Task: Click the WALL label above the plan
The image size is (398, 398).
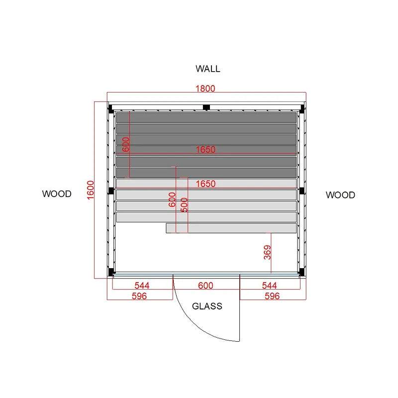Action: click(207, 69)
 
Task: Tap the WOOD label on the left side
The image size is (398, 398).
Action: click(57, 194)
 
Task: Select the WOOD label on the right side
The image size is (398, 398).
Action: click(340, 195)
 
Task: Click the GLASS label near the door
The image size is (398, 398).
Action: click(207, 306)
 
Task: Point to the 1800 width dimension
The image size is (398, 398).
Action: click(205, 89)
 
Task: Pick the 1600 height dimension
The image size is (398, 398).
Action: click(91, 190)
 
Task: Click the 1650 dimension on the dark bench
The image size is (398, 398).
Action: click(205, 150)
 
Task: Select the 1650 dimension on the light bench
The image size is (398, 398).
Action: click(205, 184)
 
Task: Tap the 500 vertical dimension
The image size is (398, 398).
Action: click(184, 205)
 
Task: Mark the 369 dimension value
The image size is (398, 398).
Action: click(267, 252)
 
